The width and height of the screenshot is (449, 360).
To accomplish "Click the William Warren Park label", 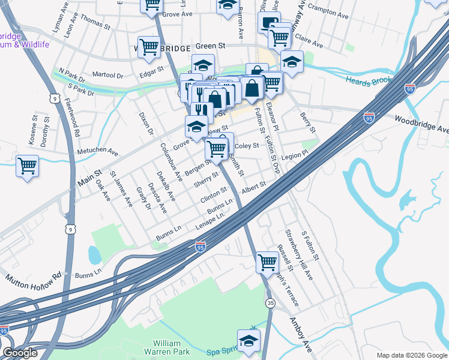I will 163,349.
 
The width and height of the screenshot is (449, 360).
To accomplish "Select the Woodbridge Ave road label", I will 421,125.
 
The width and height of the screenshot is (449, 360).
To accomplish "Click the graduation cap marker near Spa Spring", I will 249,340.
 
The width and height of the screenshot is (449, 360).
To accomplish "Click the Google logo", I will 20,353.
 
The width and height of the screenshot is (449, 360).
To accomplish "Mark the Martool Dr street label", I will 107,75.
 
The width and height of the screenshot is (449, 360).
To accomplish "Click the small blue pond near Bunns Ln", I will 95,255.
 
